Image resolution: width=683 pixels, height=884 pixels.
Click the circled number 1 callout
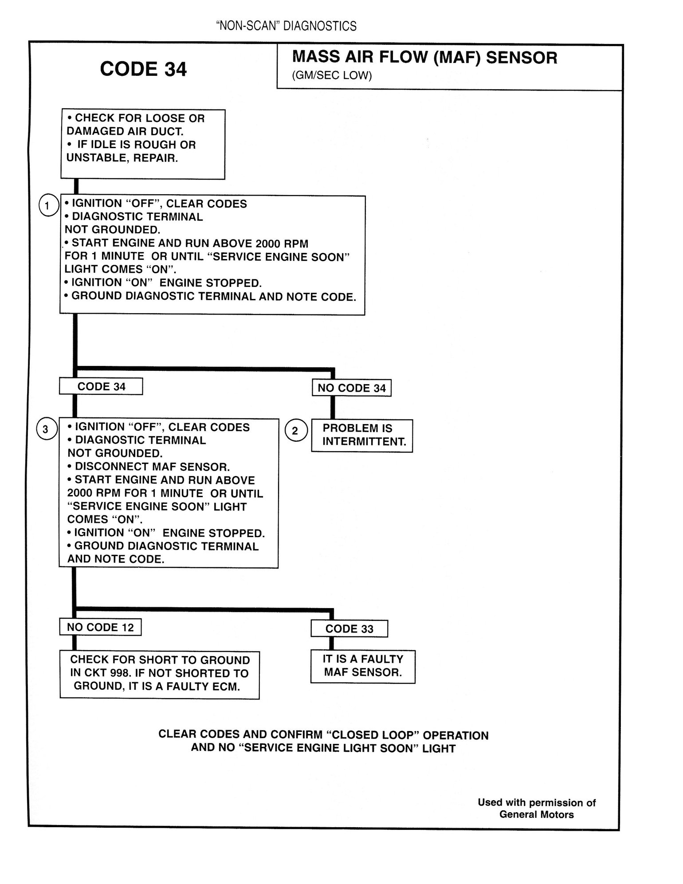(x=48, y=205)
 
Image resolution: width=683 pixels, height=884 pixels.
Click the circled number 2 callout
(x=295, y=431)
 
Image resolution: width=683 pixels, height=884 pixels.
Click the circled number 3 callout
(x=46, y=429)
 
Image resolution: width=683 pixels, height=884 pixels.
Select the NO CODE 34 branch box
(x=352, y=388)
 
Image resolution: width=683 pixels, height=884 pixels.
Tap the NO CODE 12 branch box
(x=100, y=627)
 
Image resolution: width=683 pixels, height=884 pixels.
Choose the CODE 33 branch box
(x=349, y=629)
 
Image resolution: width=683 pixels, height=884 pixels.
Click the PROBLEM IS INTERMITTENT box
(x=362, y=435)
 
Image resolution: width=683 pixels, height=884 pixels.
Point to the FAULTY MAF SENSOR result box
(x=362, y=666)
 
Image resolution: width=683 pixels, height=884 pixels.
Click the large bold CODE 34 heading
(x=143, y=69)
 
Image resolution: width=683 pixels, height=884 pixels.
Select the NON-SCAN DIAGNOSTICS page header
(x=286, y=27)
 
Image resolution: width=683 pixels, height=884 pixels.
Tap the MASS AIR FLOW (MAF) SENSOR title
(x=424, y=58)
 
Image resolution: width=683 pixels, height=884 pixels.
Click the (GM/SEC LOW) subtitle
(x=332, y=75)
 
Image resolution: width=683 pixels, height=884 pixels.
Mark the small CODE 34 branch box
(x=101, y=386)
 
